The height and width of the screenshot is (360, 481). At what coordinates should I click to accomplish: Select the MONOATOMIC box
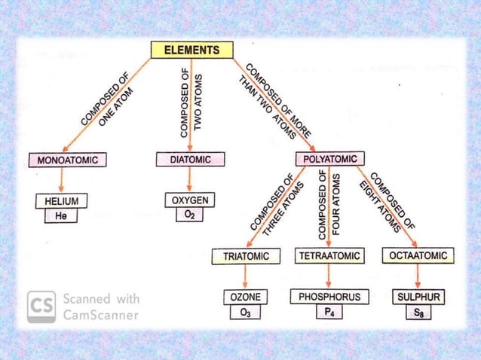(x=68, y=160)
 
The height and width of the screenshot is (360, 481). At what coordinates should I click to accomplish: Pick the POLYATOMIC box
(x=330, y=159)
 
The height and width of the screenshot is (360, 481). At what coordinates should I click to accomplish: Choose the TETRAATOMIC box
(x=329, y=256)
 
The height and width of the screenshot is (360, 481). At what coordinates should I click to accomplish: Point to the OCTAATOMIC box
(x=418, y=256)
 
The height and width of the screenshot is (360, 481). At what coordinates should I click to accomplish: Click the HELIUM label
(x=61, y=201)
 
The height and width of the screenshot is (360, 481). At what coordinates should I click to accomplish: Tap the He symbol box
(x=61, y=216)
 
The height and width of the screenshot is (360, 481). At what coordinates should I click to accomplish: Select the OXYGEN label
(x=191, y=200)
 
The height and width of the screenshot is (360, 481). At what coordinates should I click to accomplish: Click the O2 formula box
(x=190, y=215)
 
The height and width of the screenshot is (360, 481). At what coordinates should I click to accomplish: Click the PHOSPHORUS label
(x=329, y=297)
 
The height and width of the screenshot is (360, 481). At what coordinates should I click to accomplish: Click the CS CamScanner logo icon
(x=41, y=307)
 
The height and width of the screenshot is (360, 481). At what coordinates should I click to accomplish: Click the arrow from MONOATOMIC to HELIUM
(x=61, y=180)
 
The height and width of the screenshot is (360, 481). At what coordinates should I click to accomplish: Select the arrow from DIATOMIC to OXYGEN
(x=190, y=180)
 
